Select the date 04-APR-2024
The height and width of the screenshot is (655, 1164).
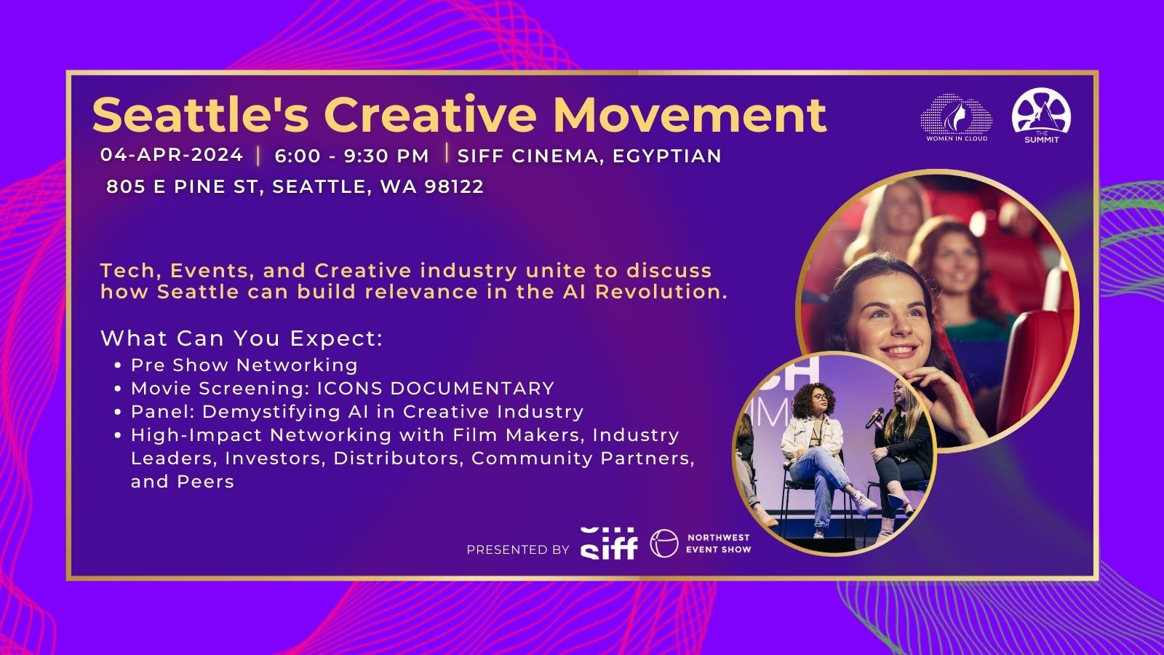click(172, 155)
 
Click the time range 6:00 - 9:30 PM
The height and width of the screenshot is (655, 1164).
click(352, 156)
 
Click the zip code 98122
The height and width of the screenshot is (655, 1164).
click(454, 186)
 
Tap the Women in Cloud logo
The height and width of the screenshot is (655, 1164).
click(956, 117)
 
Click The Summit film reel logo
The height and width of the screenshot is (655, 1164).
click(1041, 116)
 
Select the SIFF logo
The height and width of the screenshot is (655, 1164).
click(609, 544)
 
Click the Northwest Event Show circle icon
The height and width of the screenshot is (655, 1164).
click(664, 544)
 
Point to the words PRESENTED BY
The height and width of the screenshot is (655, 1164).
click(518, 550)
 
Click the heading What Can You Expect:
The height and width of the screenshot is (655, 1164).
click(242, 338)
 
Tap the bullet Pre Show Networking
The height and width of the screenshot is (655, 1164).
click(244, 365)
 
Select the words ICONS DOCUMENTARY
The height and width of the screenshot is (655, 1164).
click(436, 389)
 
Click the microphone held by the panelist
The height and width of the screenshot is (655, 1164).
click(875, 418)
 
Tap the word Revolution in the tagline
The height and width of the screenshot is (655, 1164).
click(661, 292)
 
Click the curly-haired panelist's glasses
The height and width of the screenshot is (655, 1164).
click(819, 397)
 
